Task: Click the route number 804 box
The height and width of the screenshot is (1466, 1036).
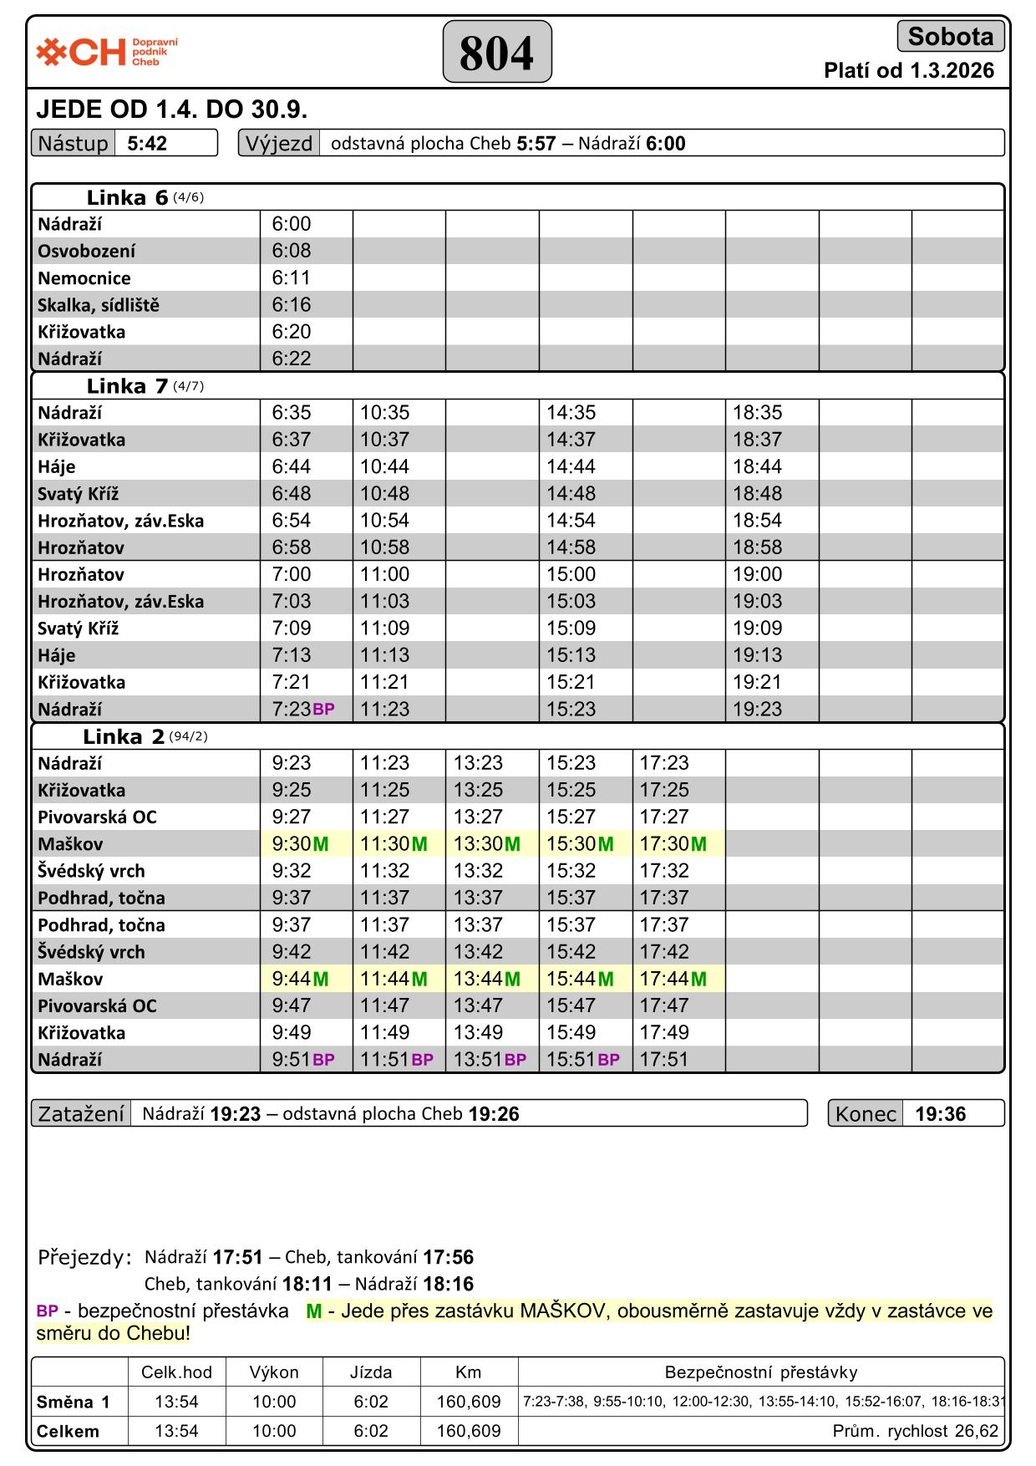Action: [496, 53]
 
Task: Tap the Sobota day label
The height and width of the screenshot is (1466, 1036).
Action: [950, 37]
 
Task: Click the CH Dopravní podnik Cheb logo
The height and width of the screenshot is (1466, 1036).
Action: [107, 52]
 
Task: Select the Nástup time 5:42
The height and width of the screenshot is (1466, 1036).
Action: [148, 144]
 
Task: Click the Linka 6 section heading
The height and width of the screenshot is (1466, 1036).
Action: [127, 198]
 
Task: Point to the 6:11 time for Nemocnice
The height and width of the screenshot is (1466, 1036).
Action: [292, 277]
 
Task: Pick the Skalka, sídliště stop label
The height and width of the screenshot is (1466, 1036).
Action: [99, 305]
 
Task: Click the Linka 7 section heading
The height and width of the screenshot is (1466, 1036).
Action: [127, 386]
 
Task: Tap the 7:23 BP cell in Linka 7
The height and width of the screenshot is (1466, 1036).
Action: [302, 710]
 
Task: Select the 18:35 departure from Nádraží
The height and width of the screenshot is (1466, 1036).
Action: [757, 413]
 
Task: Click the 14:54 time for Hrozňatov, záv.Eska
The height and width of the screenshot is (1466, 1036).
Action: [571, 521]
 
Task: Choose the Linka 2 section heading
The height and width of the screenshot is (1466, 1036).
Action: [124, 736]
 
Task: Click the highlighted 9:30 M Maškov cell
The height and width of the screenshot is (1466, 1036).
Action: [300, 844]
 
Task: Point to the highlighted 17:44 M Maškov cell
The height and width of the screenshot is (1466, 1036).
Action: [673, 979]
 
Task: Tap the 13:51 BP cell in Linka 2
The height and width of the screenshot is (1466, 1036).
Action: [490, 1060]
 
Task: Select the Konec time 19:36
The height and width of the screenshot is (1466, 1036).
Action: [940, 1114]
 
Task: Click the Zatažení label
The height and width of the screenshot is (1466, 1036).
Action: [81, 1114]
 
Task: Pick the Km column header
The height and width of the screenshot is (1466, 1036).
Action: [468, 1372]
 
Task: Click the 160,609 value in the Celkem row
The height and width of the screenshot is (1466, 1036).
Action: [468, 1431]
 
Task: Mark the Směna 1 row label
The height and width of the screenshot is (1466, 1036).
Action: [74, 1402]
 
